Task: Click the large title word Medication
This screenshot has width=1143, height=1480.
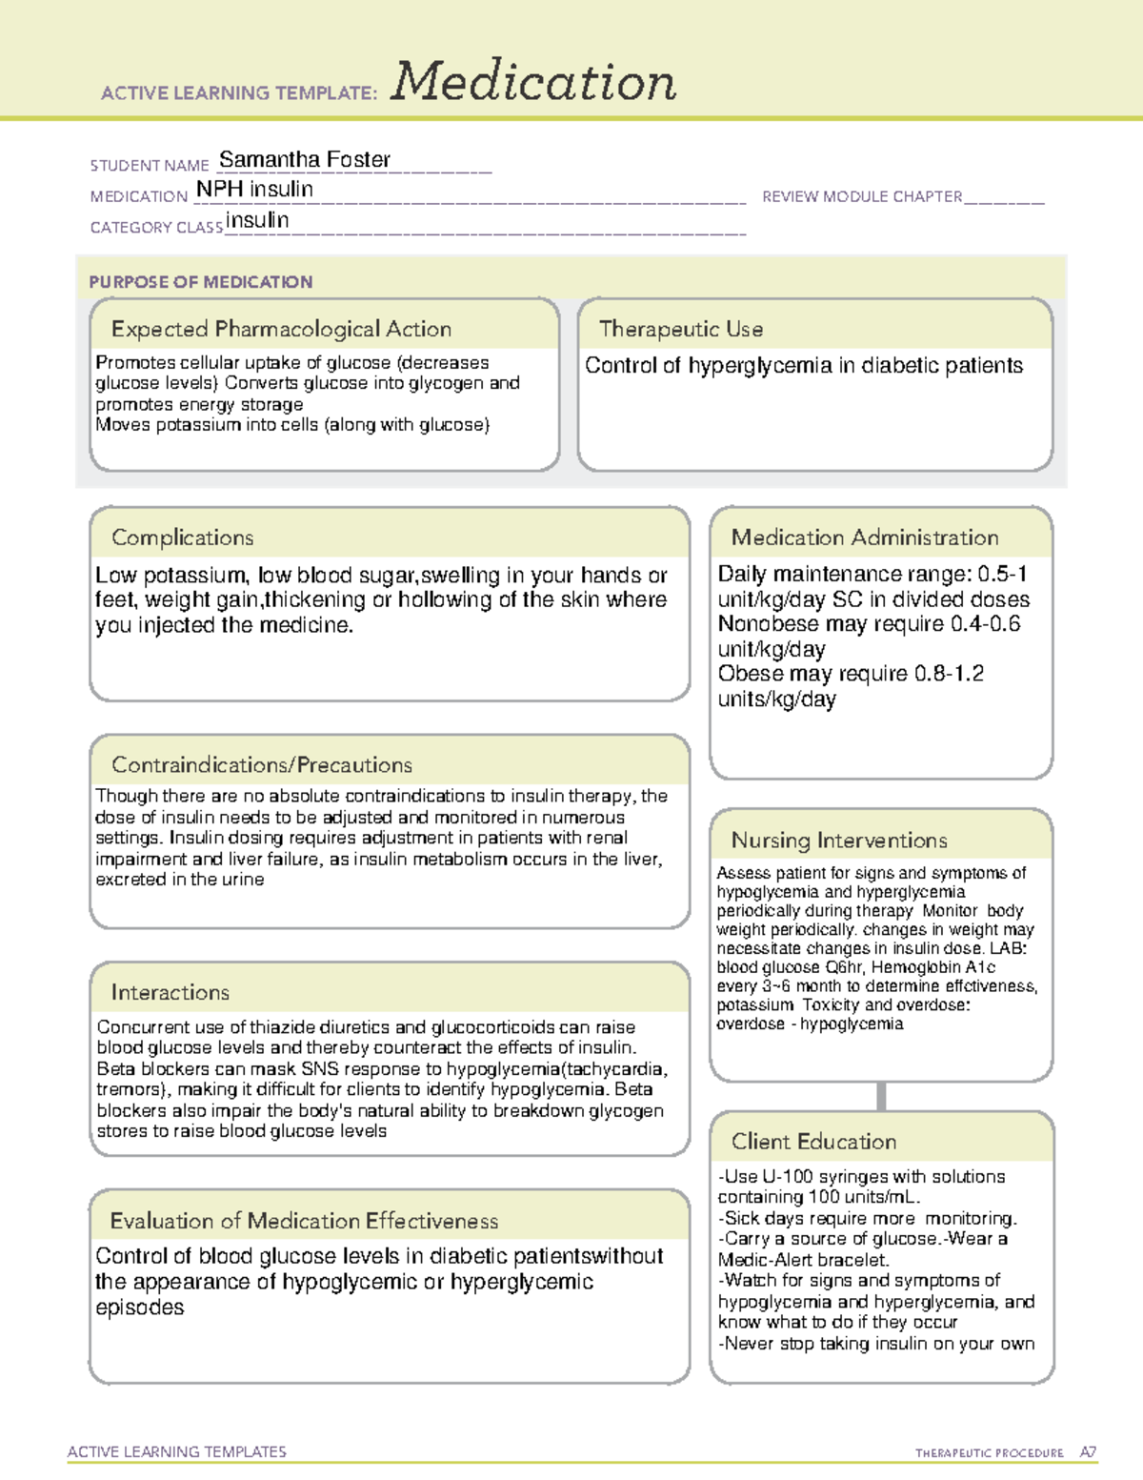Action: click(x=533, y=82)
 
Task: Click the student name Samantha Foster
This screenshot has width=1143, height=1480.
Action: click(x=305, y=159)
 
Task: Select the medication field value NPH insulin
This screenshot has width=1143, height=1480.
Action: click(x=254, y=190)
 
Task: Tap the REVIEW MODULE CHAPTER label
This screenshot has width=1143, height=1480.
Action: click(x=862, y=196)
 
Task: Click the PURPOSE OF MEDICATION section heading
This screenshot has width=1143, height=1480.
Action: click(x=200, y=282)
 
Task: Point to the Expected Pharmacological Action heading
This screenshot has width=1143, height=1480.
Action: click(x=281, y=329)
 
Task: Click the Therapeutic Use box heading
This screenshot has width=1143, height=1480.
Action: click(x=681, y=329)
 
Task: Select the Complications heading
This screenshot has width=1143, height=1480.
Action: click(x=182, y=537)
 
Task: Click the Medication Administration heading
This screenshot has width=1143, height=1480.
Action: click(x=865, y=537)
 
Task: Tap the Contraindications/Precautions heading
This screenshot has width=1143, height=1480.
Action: click(x=262, y=765)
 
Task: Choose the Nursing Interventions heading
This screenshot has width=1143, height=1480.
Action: click(x=839, y=841)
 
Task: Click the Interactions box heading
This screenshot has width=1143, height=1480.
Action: click(x=170, y=993)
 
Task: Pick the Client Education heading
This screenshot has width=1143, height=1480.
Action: click(x=813, y=1142)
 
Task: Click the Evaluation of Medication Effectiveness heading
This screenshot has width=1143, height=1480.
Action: click(x=304, y=1221)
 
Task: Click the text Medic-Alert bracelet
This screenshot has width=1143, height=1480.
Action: click(x=802, y=1260)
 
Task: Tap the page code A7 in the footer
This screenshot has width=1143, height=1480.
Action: click(x=1088, y=1452)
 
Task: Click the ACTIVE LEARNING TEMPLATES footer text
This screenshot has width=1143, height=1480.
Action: click(x=176, y=1451)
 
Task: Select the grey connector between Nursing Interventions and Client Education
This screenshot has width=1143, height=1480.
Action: click(x=881, y=1097)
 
